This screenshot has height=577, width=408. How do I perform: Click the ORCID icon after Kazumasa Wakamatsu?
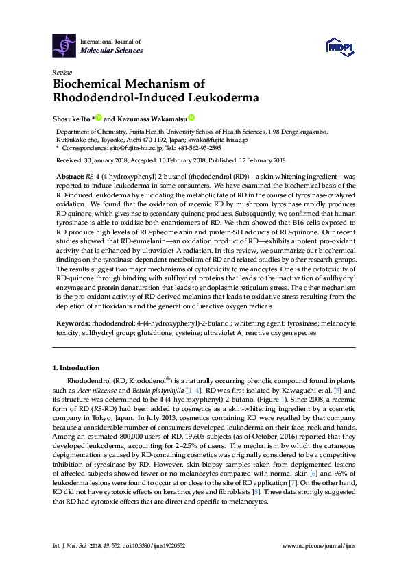[191, 117]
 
